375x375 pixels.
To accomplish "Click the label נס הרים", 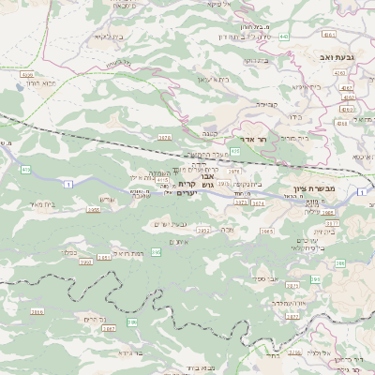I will point(86,319).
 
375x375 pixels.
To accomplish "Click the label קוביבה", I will point(271,104).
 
